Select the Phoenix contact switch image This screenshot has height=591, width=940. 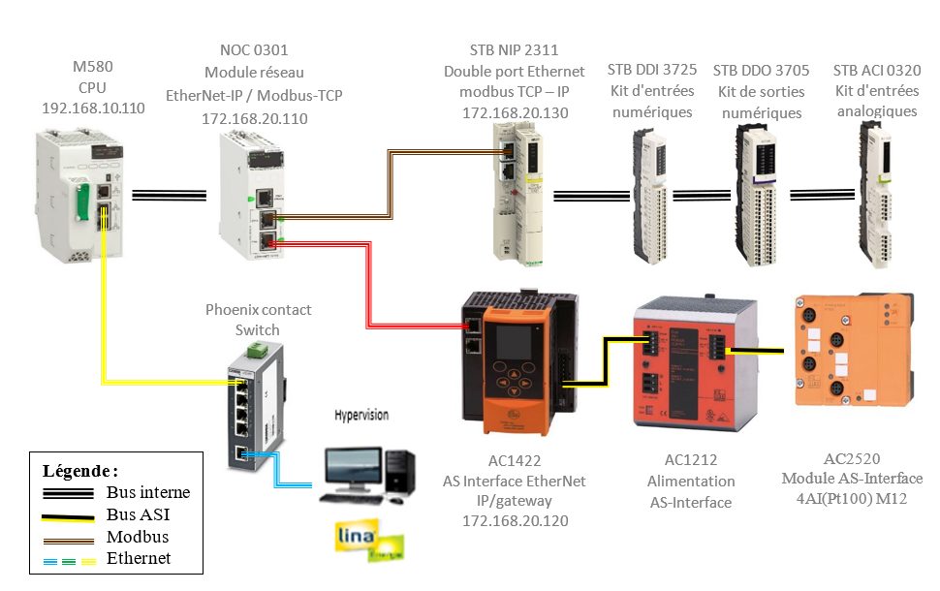pos(258,406)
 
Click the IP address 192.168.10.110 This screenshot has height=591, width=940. pos(93,108)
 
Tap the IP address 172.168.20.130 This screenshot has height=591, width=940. pos(514,113)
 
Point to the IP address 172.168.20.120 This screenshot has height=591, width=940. pos(515,521)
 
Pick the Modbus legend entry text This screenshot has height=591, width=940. pos(138,537)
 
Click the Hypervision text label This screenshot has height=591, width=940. pos(361,415)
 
